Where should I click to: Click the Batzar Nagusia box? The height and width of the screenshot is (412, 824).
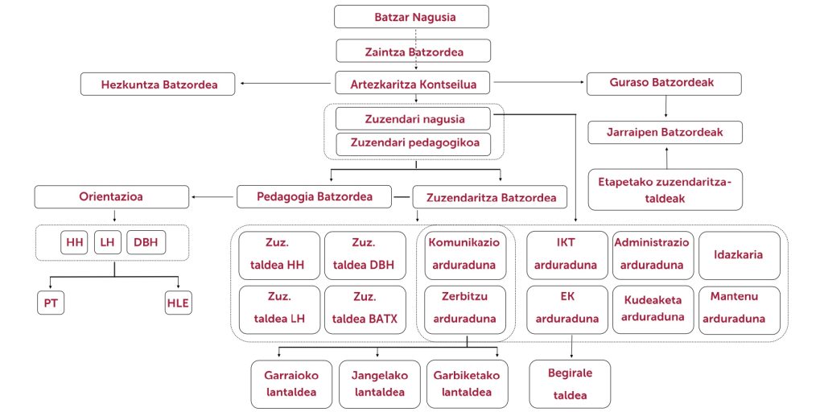pos(411,16)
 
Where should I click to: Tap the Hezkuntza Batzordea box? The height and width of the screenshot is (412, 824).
pos(158,84)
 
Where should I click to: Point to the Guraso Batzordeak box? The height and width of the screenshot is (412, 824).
pos(664,84)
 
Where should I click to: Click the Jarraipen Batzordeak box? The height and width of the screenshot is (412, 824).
pos(665,133)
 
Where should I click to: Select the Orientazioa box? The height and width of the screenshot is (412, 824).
pos(111,196)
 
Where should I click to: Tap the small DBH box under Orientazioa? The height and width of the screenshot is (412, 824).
pos(146,243)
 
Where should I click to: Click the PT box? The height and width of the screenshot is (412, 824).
pos(51,303)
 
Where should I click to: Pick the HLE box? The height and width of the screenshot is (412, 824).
pos(178,303)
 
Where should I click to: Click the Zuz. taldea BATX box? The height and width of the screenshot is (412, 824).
pos(365,310)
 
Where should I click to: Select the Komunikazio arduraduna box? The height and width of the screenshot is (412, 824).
pos(465,255)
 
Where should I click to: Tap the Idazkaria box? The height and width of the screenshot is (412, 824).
pos(740,255)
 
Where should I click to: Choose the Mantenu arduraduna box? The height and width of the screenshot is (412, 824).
pos(740,310)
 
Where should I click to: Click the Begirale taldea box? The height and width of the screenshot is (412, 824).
pos(571,384)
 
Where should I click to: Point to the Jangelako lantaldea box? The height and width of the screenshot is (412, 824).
pos(380,384)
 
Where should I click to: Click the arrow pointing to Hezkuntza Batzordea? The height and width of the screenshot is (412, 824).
pos(286,83)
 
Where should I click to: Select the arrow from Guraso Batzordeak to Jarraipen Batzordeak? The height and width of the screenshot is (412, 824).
pos(665,107)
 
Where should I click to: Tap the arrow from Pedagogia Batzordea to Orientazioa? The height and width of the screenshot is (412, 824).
pos(212,197)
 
